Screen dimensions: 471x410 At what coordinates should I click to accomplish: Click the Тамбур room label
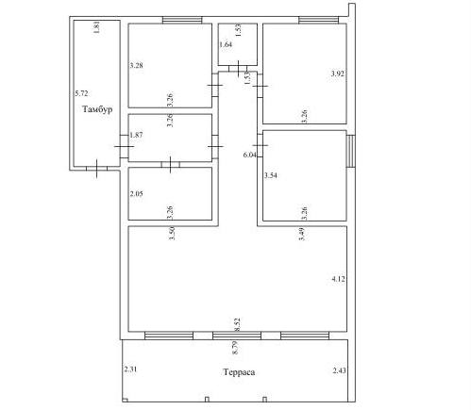[x=97, y=109]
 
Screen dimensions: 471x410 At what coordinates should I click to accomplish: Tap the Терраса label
[x=239, y=372]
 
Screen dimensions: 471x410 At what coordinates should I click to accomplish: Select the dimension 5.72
[x=81, y=93]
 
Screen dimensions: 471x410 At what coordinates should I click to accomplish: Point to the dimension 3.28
[x=137, y=65]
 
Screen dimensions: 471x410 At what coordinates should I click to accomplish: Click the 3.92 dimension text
[x=338, y=74]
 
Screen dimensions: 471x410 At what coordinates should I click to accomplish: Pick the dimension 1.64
[x=226, y=44]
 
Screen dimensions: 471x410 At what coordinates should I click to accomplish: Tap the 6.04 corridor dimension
[x=250, y=155]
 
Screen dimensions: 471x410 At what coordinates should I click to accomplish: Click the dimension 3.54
[x=271, y=175]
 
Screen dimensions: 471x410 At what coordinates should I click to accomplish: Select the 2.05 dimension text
[x=137, y=193]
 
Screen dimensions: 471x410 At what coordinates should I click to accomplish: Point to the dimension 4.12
[x=339, y=279]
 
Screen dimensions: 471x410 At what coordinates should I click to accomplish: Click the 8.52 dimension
[x=237, y=324]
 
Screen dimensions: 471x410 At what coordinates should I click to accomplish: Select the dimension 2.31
[x=130, y=369]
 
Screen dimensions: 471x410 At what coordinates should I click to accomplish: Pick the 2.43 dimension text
[x=340, y=370]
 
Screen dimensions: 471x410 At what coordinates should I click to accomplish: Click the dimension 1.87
[x=136, y=135]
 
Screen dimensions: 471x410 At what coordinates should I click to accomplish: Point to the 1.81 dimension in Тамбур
[x=97, y=27]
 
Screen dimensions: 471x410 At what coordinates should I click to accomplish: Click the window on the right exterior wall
[x=351, y=151]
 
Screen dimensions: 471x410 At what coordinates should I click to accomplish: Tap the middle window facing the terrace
[x=237, y=336]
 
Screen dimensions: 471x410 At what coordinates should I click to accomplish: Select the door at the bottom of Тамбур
[x=97, y=169]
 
